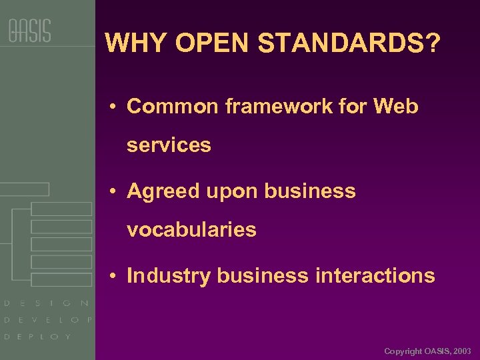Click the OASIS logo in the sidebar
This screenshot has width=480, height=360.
(29, 31)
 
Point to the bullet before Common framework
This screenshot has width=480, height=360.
(115, 107)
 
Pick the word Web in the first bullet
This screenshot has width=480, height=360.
(396, 106)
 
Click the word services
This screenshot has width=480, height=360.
(169, 145)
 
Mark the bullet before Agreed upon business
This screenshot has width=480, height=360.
(115, 192)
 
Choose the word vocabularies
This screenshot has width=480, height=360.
(191, 230)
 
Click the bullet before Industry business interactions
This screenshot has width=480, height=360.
(115, 276)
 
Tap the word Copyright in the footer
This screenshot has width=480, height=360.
(403, 351)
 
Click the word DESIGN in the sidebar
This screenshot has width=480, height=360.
(47, 303)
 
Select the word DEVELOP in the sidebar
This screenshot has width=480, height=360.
(48, 320)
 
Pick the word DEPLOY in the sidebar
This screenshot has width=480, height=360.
(37, 337)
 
